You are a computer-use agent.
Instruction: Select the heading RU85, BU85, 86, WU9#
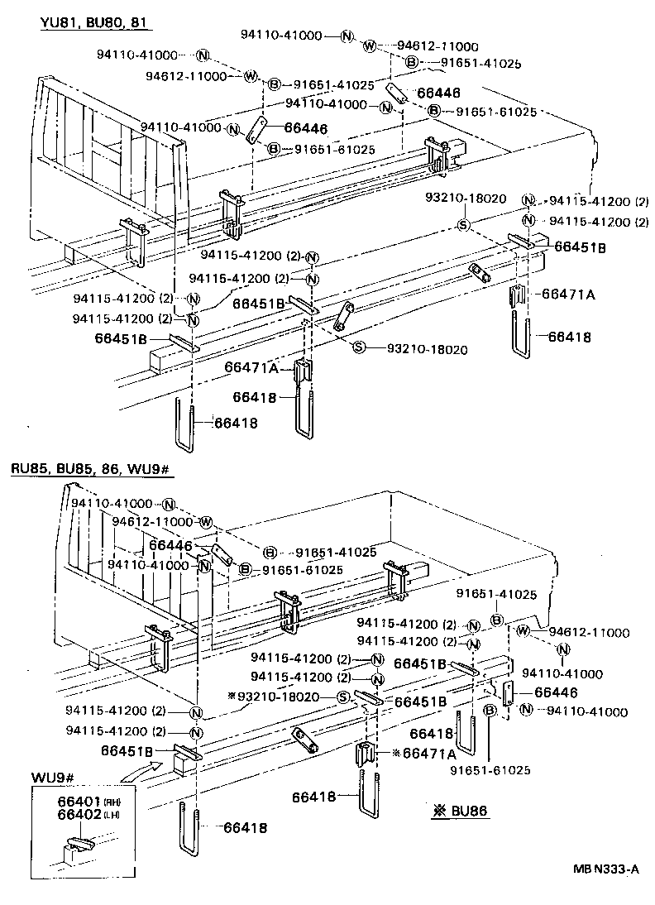pyautogui.click(x=90, y=470)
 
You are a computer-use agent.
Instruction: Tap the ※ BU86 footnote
pyautogui.click(x=460, y=811)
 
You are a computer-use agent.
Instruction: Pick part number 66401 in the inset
pyautogui.click(x=79, y=802)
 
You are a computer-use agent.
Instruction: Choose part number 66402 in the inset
pyautogui.click(x=79, y=814)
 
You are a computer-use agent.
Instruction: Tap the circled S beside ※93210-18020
pyautogui.click(x=341, y=697)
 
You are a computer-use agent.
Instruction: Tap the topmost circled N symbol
pyautogui.click(x=347, y=36)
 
